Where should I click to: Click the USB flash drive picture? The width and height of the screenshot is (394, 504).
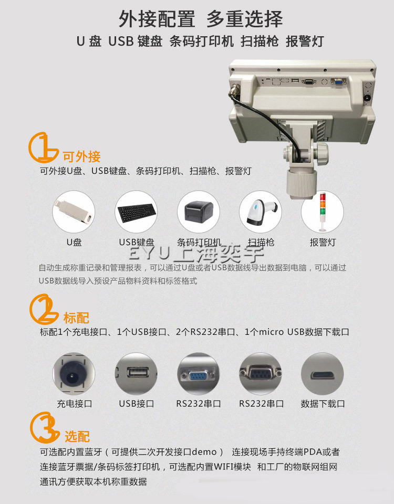74,212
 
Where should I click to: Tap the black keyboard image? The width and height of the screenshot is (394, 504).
136,212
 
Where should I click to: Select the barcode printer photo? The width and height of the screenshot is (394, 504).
199,212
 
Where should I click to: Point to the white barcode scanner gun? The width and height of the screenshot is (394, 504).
261,212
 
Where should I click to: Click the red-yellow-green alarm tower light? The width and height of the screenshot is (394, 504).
323,212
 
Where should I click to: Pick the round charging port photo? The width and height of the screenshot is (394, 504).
74,374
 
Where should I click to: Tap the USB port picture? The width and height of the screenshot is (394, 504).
136,374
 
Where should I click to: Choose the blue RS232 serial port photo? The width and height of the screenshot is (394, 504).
199,374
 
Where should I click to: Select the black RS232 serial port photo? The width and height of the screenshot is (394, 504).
261,374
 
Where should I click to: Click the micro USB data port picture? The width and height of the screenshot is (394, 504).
323,374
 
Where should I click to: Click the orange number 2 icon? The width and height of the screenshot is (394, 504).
44,309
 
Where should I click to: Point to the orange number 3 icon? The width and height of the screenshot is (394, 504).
44,427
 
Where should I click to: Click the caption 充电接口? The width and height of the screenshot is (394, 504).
74,404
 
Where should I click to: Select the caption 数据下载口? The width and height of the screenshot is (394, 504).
323,404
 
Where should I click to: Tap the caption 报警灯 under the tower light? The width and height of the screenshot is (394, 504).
323,242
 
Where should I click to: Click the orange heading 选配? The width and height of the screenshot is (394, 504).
77,436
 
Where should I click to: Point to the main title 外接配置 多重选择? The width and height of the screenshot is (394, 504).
201,19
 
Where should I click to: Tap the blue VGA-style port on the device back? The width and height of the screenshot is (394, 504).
338,82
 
